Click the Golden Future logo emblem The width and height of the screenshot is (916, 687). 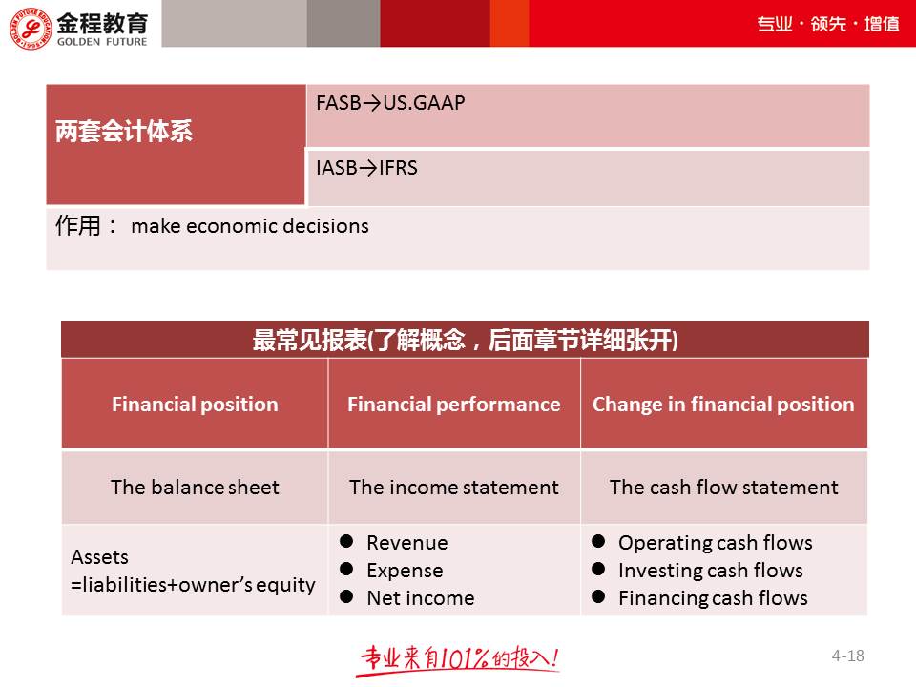(x=29, y=24)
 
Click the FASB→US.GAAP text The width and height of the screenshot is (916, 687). (x=390, y=103)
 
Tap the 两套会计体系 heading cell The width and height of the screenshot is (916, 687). (x=124, y=133)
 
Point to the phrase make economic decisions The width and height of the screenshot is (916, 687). (x=249, y=227)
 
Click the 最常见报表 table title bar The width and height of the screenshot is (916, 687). (x=465, y=341)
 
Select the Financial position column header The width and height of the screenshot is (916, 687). (x=195, y=405)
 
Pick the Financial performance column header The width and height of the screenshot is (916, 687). (x=453, y=405)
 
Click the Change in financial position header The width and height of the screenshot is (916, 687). (x=723, y=405)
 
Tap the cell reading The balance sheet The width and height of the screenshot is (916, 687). (x=195, y=488)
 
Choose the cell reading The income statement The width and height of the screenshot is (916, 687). (x=453, y=488)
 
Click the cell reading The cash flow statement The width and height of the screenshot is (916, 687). (x=723, y=488)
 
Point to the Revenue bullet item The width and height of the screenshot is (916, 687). (x=406, y=543)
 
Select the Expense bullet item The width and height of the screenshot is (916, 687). (x=405, y=571)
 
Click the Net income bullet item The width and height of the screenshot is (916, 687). (x=420, y=598)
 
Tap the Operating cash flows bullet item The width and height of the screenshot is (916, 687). (x=715, y=543)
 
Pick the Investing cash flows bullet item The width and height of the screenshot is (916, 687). (x=710, y=571)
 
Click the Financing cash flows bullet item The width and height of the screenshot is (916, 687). (x=713, y=598)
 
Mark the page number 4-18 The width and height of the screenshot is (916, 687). (x=847, y=656)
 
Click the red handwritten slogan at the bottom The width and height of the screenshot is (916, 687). (x=459, y=658)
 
